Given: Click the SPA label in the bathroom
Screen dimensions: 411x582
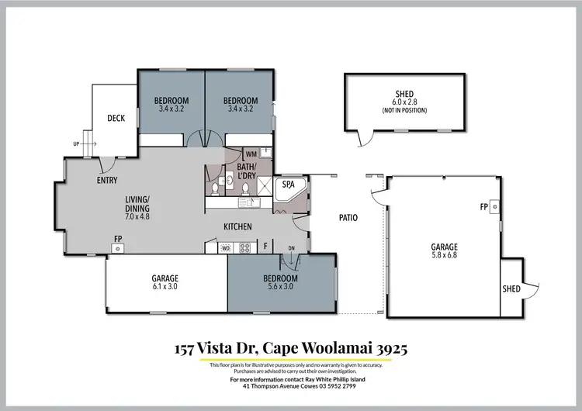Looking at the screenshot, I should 288,185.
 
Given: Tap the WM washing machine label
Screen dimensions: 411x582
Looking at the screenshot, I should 251,154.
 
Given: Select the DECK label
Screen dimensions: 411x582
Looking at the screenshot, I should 116,119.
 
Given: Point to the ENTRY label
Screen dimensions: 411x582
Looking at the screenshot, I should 107,181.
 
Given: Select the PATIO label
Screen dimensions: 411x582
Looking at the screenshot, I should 348,218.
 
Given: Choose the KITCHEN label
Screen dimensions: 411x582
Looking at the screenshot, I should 237,226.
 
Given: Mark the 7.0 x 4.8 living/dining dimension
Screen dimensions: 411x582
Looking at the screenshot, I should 137,216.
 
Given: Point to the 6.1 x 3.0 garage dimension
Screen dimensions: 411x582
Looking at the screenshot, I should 165,287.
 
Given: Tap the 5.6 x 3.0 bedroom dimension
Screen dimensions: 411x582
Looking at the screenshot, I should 280,287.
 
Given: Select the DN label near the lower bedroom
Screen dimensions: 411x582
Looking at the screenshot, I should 291,248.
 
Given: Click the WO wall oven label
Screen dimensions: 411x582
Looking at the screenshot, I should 226,248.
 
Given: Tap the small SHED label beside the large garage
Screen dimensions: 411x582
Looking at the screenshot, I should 511,288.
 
